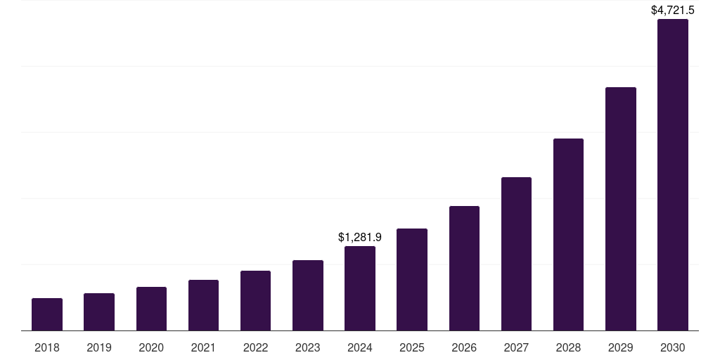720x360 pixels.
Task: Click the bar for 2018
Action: click(47, 314)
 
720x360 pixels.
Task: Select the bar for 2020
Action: click(151, 309)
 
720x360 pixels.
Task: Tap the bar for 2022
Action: click(255, 300)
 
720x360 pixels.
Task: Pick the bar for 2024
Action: click(360, 288)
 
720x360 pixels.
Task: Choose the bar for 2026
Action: click(464, 268)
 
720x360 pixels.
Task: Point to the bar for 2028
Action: click(568, 234)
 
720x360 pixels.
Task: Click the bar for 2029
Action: click(620, 209)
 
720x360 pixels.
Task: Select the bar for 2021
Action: click(203, 305)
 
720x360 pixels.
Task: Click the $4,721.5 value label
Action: click(672, 10)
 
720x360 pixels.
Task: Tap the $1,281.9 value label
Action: click(360, 238)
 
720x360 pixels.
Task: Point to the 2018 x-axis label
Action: click(47, 347)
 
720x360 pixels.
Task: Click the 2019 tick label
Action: click(99, 347)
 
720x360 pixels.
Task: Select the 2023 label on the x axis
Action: click(307, 347)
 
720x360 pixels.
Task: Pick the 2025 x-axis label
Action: click(412, 347)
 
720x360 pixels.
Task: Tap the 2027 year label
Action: click(516, 347)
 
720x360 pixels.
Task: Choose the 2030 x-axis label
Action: click(672, 347)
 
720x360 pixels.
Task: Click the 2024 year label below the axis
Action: click(360, 347)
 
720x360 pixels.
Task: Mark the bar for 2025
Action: click(412, 279)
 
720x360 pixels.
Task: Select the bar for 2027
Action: click(516, 254)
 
